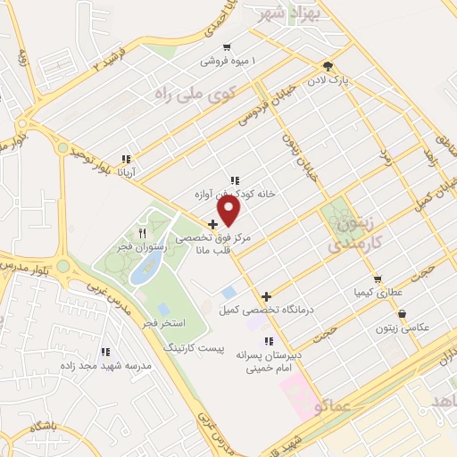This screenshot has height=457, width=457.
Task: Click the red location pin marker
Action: [229, 210]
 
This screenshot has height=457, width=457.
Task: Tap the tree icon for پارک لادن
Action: [328, 65]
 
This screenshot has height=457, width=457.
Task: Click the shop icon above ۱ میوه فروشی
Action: [228, 47]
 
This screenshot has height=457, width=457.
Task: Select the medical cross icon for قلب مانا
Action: [212, 225]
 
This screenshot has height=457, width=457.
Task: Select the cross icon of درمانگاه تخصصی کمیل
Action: [267, 296]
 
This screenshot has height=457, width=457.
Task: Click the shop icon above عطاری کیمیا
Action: [378, 279]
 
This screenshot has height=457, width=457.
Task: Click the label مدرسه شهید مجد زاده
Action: [106, 365]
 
